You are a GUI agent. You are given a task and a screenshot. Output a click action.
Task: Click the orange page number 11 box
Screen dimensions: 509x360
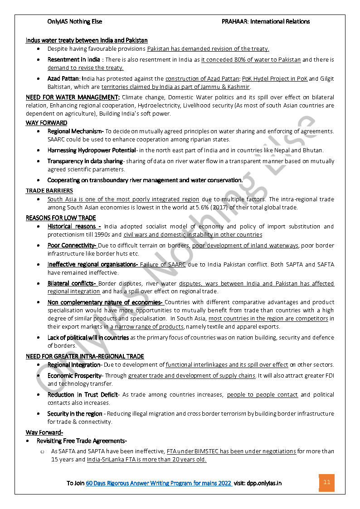pos(326,483)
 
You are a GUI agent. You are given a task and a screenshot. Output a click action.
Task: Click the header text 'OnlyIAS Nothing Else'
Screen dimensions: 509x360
pos(75,21)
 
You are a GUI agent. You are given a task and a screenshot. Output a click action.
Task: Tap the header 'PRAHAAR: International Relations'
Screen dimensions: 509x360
pos(266,21)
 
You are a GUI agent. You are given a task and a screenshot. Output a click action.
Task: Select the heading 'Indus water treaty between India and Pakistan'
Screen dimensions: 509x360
pos(87,40)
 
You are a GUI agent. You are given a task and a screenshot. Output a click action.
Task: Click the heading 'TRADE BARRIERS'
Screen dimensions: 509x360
pos(49,191)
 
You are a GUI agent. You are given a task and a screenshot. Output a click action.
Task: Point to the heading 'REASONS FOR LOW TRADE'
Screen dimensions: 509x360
pos(61,218)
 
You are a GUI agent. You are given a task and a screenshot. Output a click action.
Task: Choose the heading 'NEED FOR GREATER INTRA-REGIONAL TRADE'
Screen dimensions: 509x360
pos(85,357)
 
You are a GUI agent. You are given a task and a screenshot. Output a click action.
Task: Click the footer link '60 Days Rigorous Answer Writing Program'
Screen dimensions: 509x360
pos(159,483)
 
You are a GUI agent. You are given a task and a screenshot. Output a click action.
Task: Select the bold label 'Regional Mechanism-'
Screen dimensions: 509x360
pos(76,131)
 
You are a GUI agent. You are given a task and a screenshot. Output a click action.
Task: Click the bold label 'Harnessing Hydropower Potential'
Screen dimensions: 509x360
pos(92,150)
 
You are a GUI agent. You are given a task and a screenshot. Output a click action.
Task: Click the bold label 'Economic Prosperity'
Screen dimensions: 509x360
pos(75,376)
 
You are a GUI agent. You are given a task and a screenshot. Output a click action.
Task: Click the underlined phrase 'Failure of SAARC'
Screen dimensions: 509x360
pos(163,265)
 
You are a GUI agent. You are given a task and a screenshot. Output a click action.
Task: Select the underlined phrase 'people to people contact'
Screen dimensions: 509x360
pos(262,395)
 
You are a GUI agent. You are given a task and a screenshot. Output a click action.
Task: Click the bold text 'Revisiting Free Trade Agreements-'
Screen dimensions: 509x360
pos(82,441)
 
